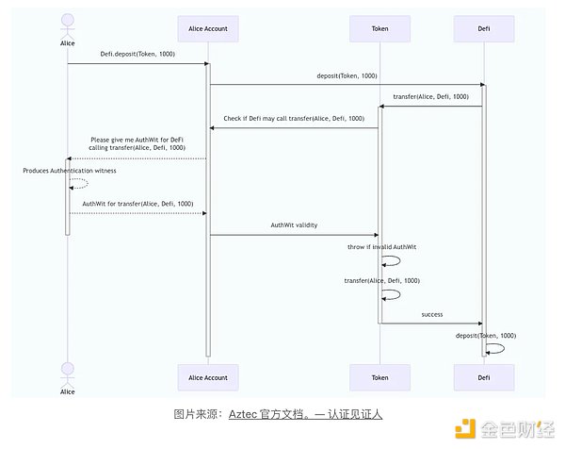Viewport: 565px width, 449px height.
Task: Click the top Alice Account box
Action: (x=208, y=29)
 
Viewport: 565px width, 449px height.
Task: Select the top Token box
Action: (x=380, y=29)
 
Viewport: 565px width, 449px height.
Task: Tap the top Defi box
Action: (x=485, y=29)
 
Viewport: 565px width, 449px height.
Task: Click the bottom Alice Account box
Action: (x=208, y=376)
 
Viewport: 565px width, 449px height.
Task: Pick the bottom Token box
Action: (x=380, y=376)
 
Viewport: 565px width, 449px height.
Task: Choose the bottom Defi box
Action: (x=485, y=376)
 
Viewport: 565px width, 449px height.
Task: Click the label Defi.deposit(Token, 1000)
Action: (x=137, y=55)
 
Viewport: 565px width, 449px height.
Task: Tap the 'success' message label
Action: (x=432, y=314)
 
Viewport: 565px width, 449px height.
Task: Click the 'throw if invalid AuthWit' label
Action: (x=383, y=247)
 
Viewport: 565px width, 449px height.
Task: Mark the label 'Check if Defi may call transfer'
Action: (x=294, y=119)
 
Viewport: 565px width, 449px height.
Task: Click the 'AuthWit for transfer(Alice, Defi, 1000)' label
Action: (x=138, y=204)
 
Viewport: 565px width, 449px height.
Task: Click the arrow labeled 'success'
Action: (x=432, y=323)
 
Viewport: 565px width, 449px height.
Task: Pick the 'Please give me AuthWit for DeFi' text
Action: (x=138, y=139)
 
